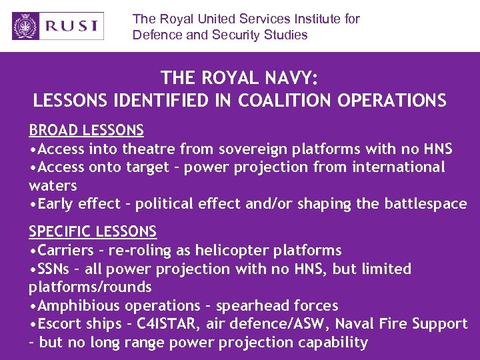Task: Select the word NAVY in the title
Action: point(287,79)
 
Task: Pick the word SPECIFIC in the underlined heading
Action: point(61,232)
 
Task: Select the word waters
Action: point(53,185)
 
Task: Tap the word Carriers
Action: point(66,251)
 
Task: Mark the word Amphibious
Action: point(81,306)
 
